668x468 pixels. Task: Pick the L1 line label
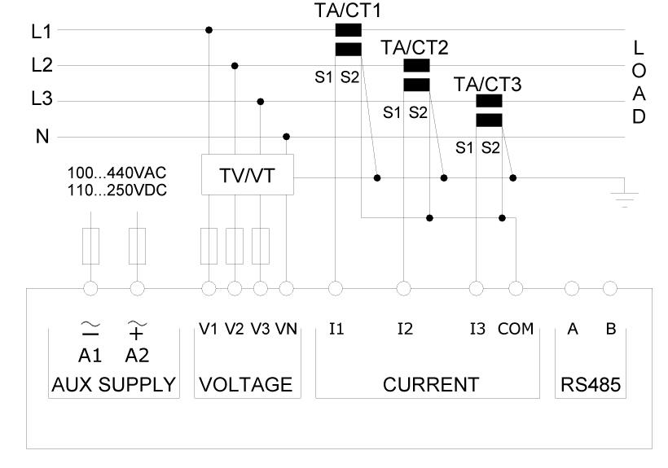click(x=41, y=31)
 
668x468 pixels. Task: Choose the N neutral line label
click(x=42, y=137)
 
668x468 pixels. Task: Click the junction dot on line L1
click(x=209, y=30)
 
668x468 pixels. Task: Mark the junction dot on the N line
click(x=286, y=137)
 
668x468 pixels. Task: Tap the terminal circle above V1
click(x=209, y=288)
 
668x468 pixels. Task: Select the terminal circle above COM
click(x=515, y=288)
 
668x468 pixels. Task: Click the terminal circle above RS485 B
click(x=610, y=288)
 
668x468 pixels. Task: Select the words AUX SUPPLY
click(x=112, y=384)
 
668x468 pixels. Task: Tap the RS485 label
click(x=591, y=384)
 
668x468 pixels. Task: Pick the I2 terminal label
click(x=405, y=330)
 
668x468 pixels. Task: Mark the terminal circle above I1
click(x=335, y=288)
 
